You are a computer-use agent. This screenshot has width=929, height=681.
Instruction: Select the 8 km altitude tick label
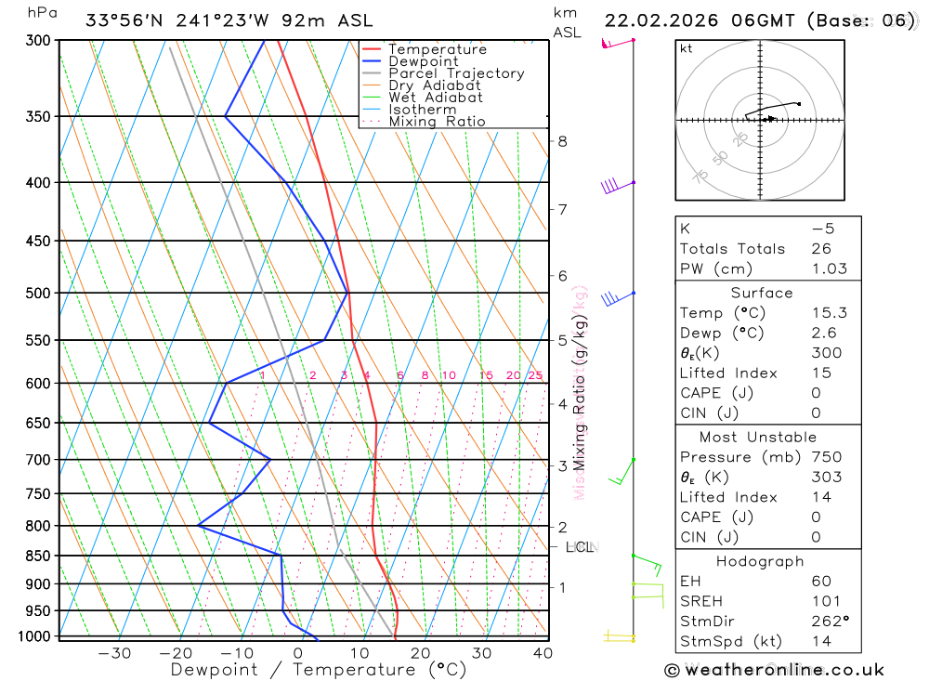pyautogui.click(x=562, y=141)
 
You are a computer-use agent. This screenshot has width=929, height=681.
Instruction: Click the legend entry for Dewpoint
pyautogui.click(x=423, y=61)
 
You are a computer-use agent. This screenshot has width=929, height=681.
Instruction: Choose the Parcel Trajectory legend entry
pyautogui.click(x=455, y=73)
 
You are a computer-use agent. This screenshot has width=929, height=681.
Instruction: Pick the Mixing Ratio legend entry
pyautogui.click(x=436, y=122)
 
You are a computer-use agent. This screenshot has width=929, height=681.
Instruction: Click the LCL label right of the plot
pyautogui.click(x=580, y=547)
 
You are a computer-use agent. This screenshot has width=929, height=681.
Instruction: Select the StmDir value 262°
pyautogui.click(x=829, y=622)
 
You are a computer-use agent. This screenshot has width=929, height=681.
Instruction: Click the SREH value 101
pyautogui.click(x=826, y=601)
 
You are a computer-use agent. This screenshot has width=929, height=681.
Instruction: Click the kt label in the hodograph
pyautogui.click(x=687, y=49)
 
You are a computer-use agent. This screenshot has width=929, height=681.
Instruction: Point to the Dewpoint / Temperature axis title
pyautogui.click(x=318, y=670)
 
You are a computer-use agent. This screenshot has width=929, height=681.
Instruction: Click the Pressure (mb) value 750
pyautogui.click(x=826, y=457)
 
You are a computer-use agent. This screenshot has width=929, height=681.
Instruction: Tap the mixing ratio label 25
pyautogui.click(x=535, y=375)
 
